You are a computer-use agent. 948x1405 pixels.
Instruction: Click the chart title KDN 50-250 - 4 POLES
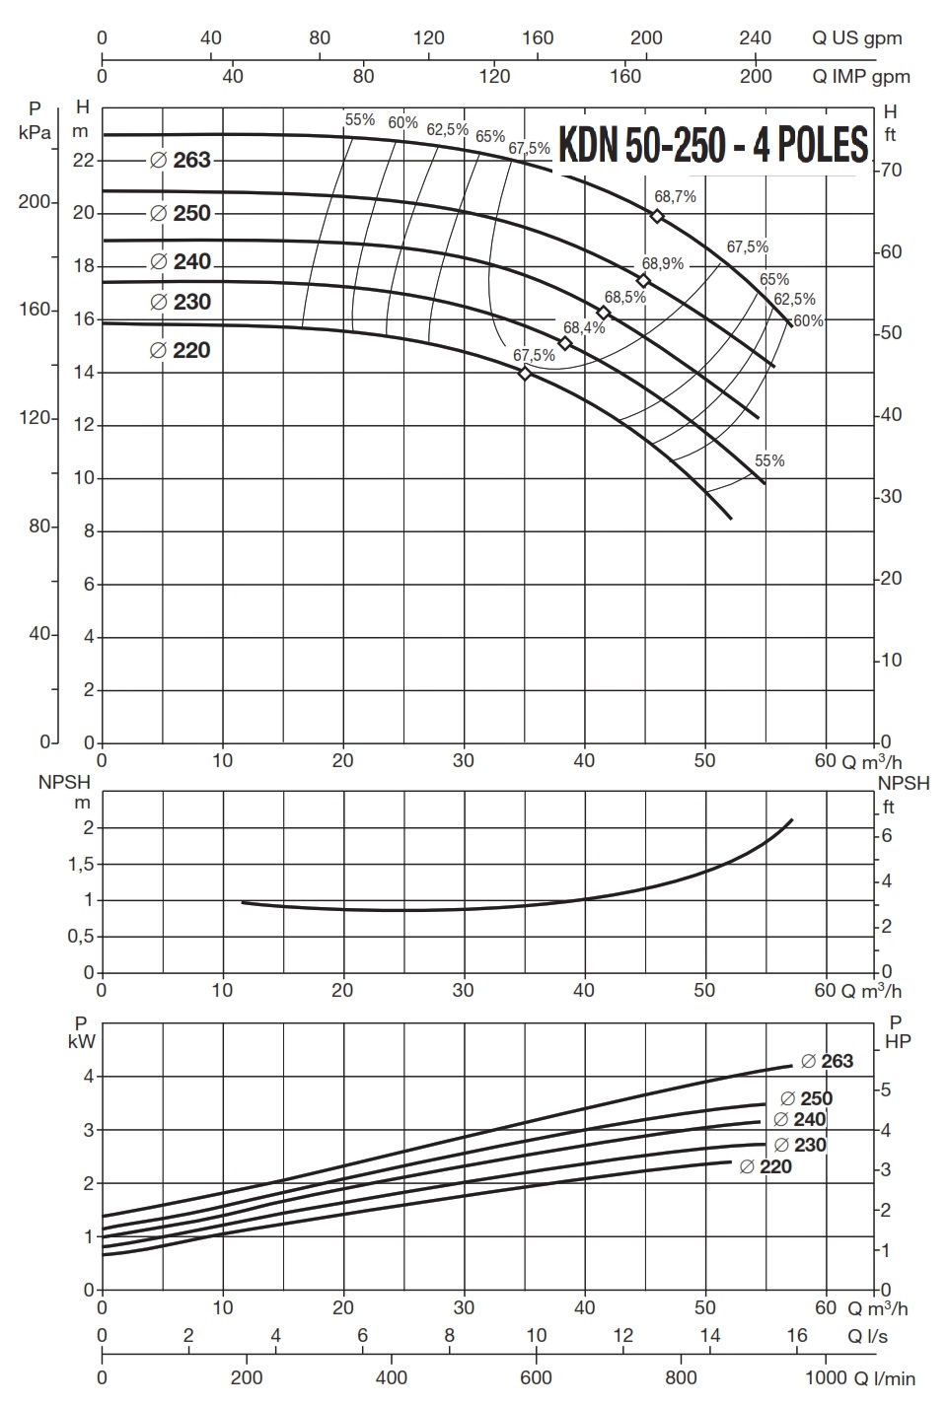(713, 145)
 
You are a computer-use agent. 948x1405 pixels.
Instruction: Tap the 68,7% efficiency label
(675, 196)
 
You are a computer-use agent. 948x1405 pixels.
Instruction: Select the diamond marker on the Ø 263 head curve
(658, 216)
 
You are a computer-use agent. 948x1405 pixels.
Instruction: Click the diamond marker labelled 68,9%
(643, 281)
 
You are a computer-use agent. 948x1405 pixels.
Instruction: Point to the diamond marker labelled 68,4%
(565, 343)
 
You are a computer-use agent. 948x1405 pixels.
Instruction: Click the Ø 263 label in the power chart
(827, 1061)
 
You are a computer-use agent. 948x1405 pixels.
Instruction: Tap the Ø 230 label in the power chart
(800, 1145)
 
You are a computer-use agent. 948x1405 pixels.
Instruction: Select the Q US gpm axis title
(856, 38)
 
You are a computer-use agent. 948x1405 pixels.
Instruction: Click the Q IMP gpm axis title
(860, 76)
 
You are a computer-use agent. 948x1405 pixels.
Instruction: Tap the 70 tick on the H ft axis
(892, 171)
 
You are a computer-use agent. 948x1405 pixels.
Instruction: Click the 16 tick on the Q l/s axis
(797, 1335)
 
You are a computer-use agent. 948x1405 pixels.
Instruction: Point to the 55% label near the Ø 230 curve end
(769, 460)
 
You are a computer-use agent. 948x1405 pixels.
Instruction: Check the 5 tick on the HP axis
(885, 1089)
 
